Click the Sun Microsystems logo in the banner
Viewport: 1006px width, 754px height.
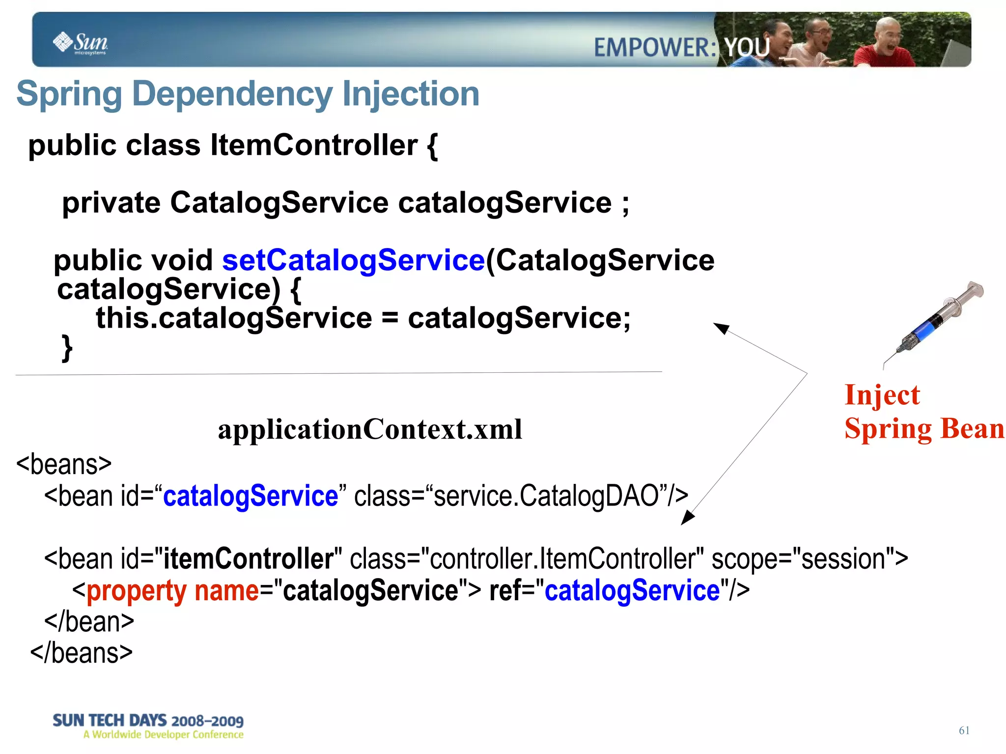[x=80, y=43]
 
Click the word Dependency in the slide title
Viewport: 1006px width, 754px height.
[x=232, y=94]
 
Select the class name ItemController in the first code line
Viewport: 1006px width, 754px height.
[x=314, y=145]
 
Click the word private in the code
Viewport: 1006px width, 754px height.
[x=111, y=203]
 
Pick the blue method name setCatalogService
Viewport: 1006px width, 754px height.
[x=353, y=260]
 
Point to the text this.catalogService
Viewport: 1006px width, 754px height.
[x=234, y=318]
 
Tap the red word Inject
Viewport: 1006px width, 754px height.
[x=882, y=395]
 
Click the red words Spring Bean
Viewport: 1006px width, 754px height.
[x=924, y=429]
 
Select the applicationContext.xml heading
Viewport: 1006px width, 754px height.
[x=370, y=429]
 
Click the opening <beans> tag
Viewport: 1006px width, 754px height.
[x=64, y=464]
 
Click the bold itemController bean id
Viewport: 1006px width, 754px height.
[x=248, y=559]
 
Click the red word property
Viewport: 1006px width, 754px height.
[x=136, y=590]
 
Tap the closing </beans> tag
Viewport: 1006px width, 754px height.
[x=82, y=653]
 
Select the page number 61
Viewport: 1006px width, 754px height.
[x=964, y=730]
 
